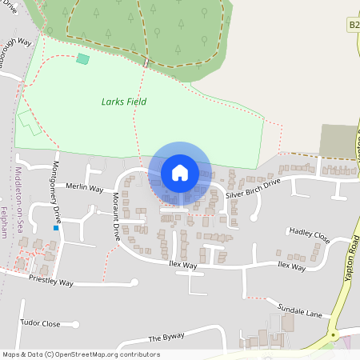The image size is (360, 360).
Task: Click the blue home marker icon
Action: click(x=180, y=173)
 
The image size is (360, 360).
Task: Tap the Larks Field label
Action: click(x=124, y=102)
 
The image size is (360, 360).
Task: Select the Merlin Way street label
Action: click(x=85, y=190)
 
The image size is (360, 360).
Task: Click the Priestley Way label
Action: click(x=50, y=283)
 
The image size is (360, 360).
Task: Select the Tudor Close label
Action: click(x=41, y=324)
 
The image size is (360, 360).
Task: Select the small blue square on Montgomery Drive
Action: click(x=56, y=228)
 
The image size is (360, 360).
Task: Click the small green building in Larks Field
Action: click(x=82, y=59)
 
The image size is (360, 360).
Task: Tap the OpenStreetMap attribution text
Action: click(x=81, y=354)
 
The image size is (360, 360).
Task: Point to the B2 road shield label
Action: click(x=354, y=26)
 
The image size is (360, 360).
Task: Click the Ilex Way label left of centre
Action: click(x=183, y=264)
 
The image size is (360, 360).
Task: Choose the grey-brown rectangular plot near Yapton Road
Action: click(x=338, y=140)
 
